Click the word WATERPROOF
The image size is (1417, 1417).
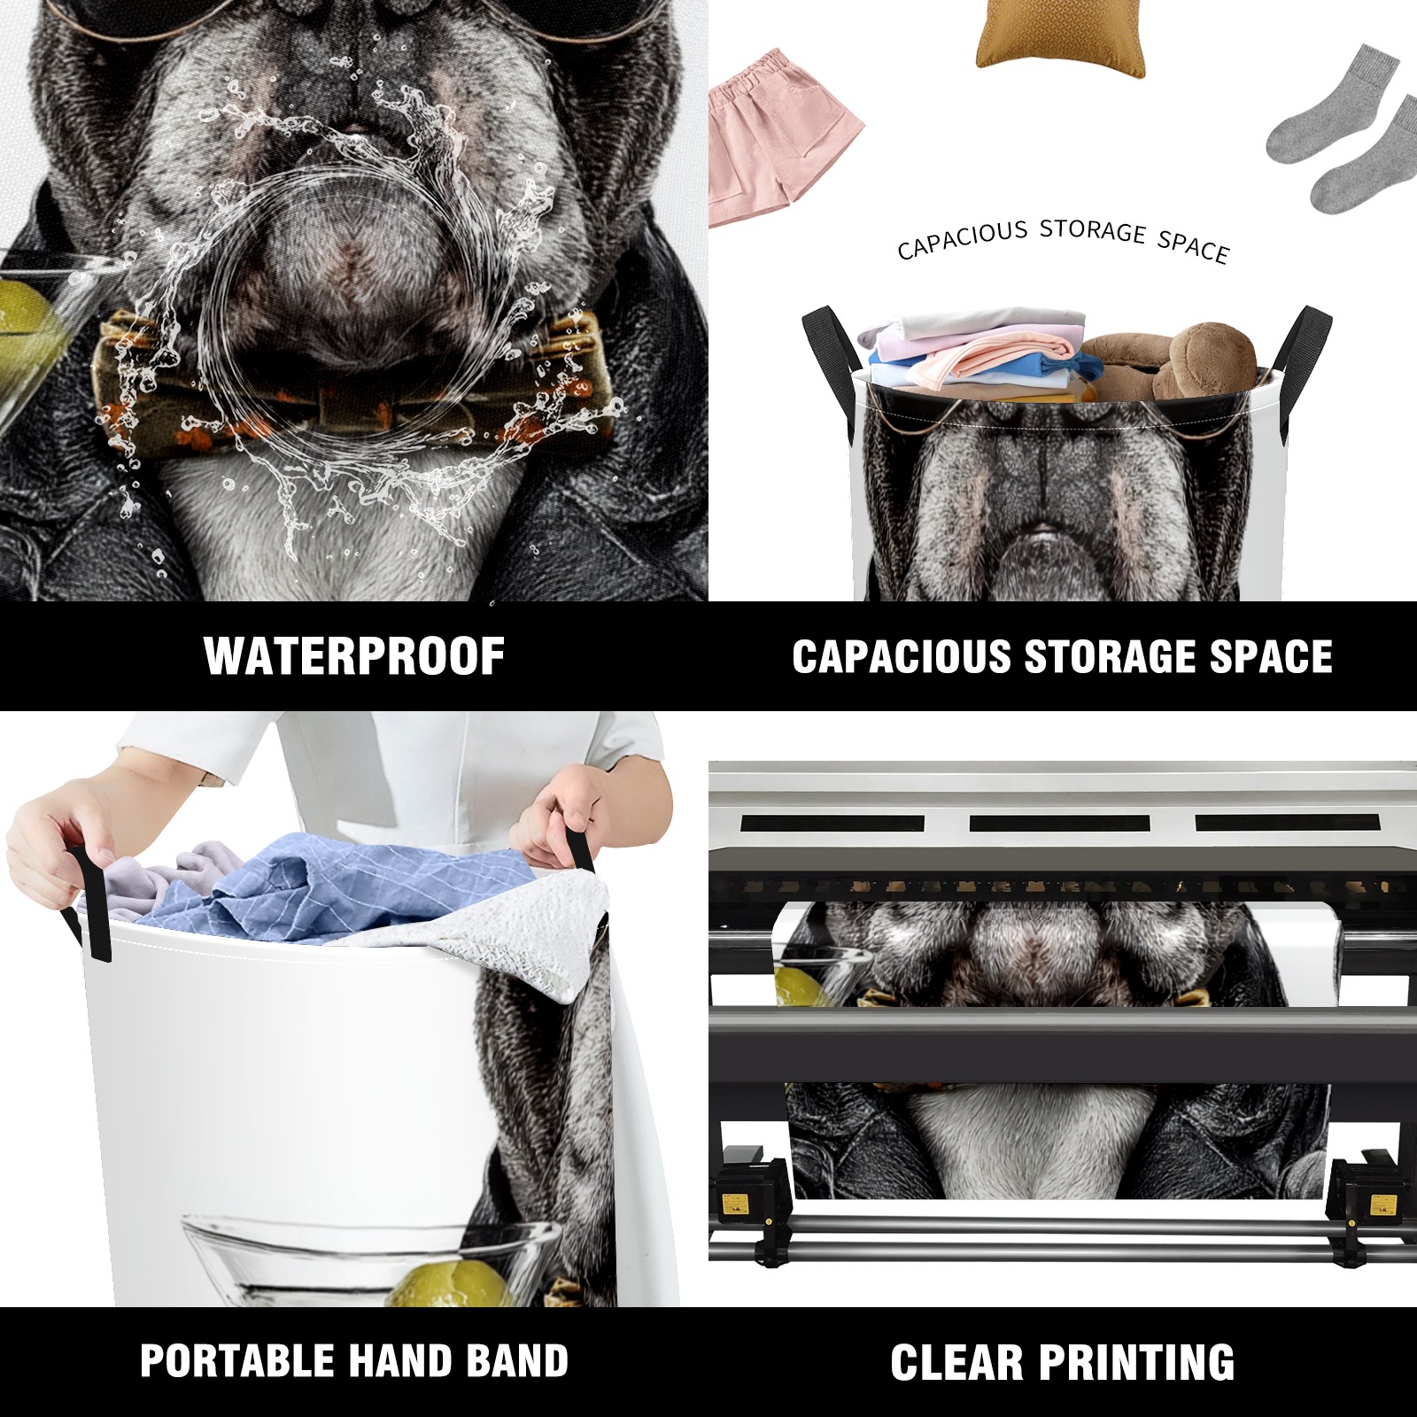pos(354,656)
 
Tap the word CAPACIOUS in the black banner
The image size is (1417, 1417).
pos(902,656)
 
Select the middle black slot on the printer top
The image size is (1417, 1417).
pos(1059,823)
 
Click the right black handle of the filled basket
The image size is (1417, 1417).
pos(1302,341)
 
